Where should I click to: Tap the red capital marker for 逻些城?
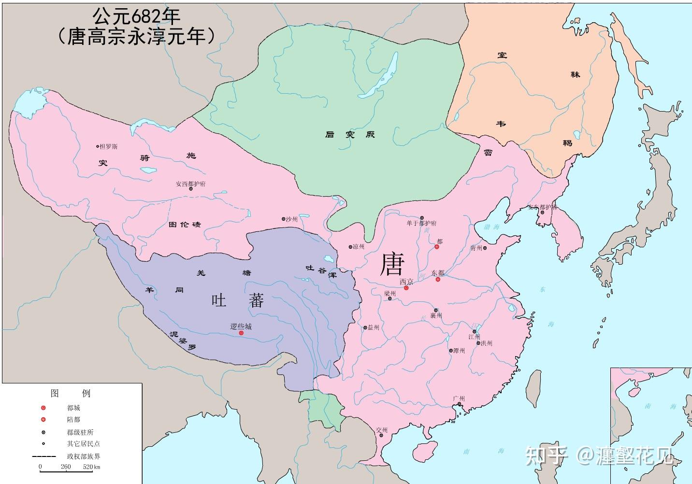pos(241,333)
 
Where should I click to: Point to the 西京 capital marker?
pos(406,288)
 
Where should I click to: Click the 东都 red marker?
pos(438,279)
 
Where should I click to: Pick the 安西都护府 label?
pos(190,184)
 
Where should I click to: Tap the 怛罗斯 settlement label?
pos(108,146)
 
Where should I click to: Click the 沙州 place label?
pos(291,219)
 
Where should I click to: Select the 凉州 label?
pos(358,247)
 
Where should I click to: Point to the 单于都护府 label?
pos(421,223)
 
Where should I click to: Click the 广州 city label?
pos(459,399)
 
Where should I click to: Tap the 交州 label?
pos(382,430)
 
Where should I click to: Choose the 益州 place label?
pos(373,327)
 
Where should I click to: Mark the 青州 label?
pos(476,248)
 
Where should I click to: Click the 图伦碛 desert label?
pos(184,225)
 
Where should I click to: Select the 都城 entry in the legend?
pos(73,408)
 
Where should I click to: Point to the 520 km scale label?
pos(91,467)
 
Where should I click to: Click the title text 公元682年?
pos(136,17)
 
